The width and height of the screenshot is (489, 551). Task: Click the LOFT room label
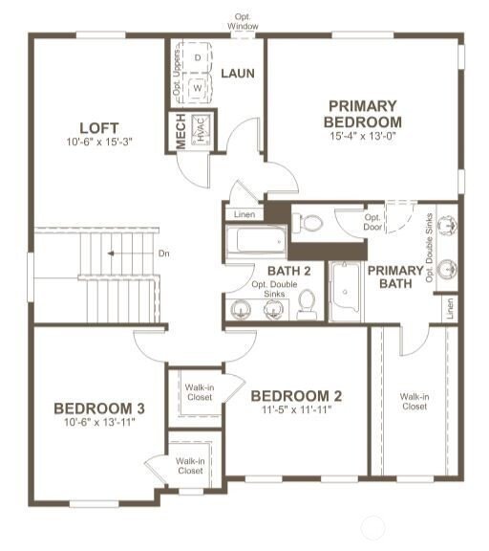pos(99,128)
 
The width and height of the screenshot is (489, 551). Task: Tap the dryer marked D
pos(198,57)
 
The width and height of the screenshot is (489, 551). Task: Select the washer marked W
pos(198,87)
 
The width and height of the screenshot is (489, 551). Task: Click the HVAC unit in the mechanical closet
pos(201,130)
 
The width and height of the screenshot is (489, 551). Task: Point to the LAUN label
pos(238,74)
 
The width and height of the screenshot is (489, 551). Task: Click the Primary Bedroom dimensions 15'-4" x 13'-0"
pos(363,136)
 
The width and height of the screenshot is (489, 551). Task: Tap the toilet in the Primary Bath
pos(308,223)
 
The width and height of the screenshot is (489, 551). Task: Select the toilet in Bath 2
pos(307,304)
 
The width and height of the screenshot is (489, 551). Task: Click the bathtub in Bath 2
pos(256,241)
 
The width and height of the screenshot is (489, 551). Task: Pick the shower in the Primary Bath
pos(346,292)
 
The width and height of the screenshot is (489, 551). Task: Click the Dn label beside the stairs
pos(164,253)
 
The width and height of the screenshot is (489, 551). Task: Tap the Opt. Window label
pos(243,21)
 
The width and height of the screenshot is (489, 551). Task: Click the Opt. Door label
pos(372,222)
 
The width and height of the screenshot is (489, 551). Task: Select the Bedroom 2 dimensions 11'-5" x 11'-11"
pos(297,409)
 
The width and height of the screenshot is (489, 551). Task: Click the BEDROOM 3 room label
pos(99,408)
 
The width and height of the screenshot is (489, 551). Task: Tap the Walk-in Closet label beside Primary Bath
pos(415,402)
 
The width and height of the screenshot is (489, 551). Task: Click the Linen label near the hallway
pos(244,214)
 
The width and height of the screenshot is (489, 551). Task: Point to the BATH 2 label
pos(289,271)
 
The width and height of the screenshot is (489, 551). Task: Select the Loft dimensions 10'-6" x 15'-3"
pos(99,142)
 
